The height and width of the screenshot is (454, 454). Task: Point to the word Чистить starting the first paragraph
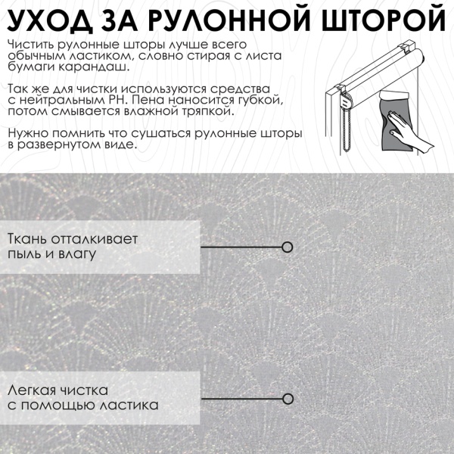[x=30, y=44]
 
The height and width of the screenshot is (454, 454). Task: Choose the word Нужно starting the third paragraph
[x=26, y=132]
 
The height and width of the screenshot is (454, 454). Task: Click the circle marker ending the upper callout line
[x=288, y=247]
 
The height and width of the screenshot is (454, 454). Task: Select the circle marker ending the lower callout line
[x=288, y=398]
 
